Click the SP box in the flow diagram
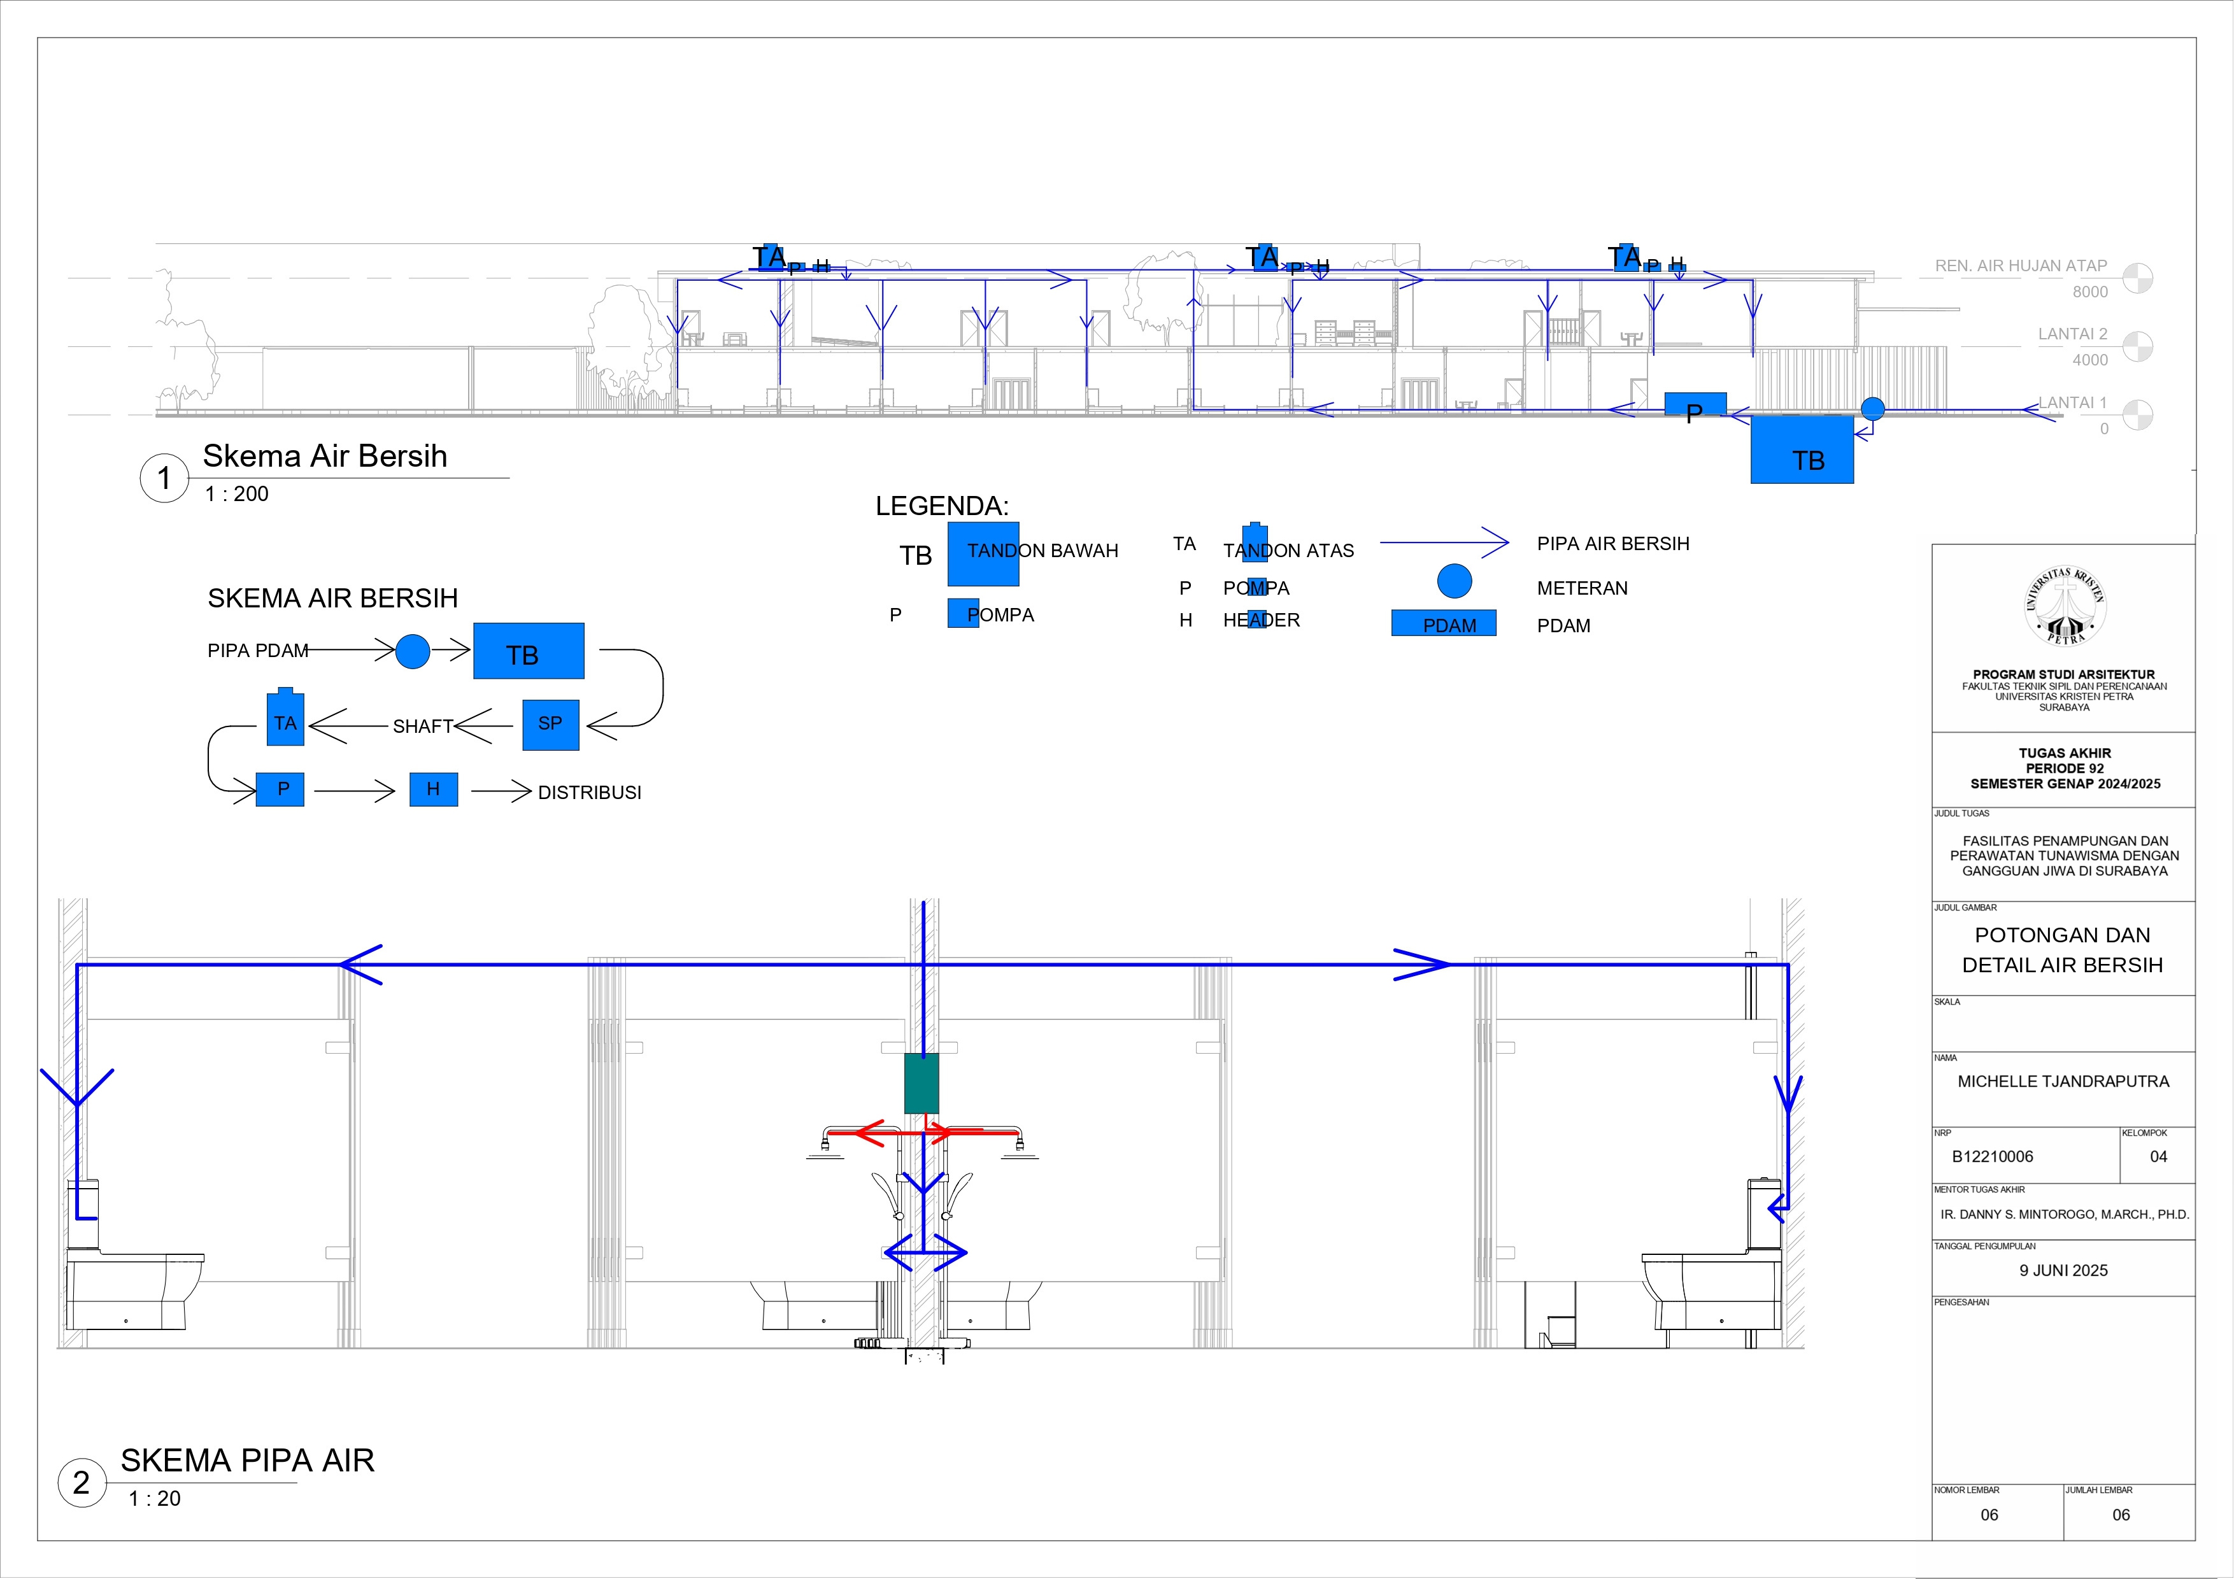coord(551,725)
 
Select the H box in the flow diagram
coord(433,789)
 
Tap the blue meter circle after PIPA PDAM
coord(413,651)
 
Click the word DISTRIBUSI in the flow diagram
coord(590,793)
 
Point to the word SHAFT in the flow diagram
coord(422,726)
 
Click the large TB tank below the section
coord(1802,450)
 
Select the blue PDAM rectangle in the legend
coord(1443,623)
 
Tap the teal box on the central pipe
coord(921,1083)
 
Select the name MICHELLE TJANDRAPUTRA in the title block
coord(2063,1081)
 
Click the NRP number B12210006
coord(1992,1157)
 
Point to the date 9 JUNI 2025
coord(2063,1271)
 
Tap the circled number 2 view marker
coord(82,1483)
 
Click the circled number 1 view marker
coord(164,478)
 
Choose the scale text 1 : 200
coord(236,494)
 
